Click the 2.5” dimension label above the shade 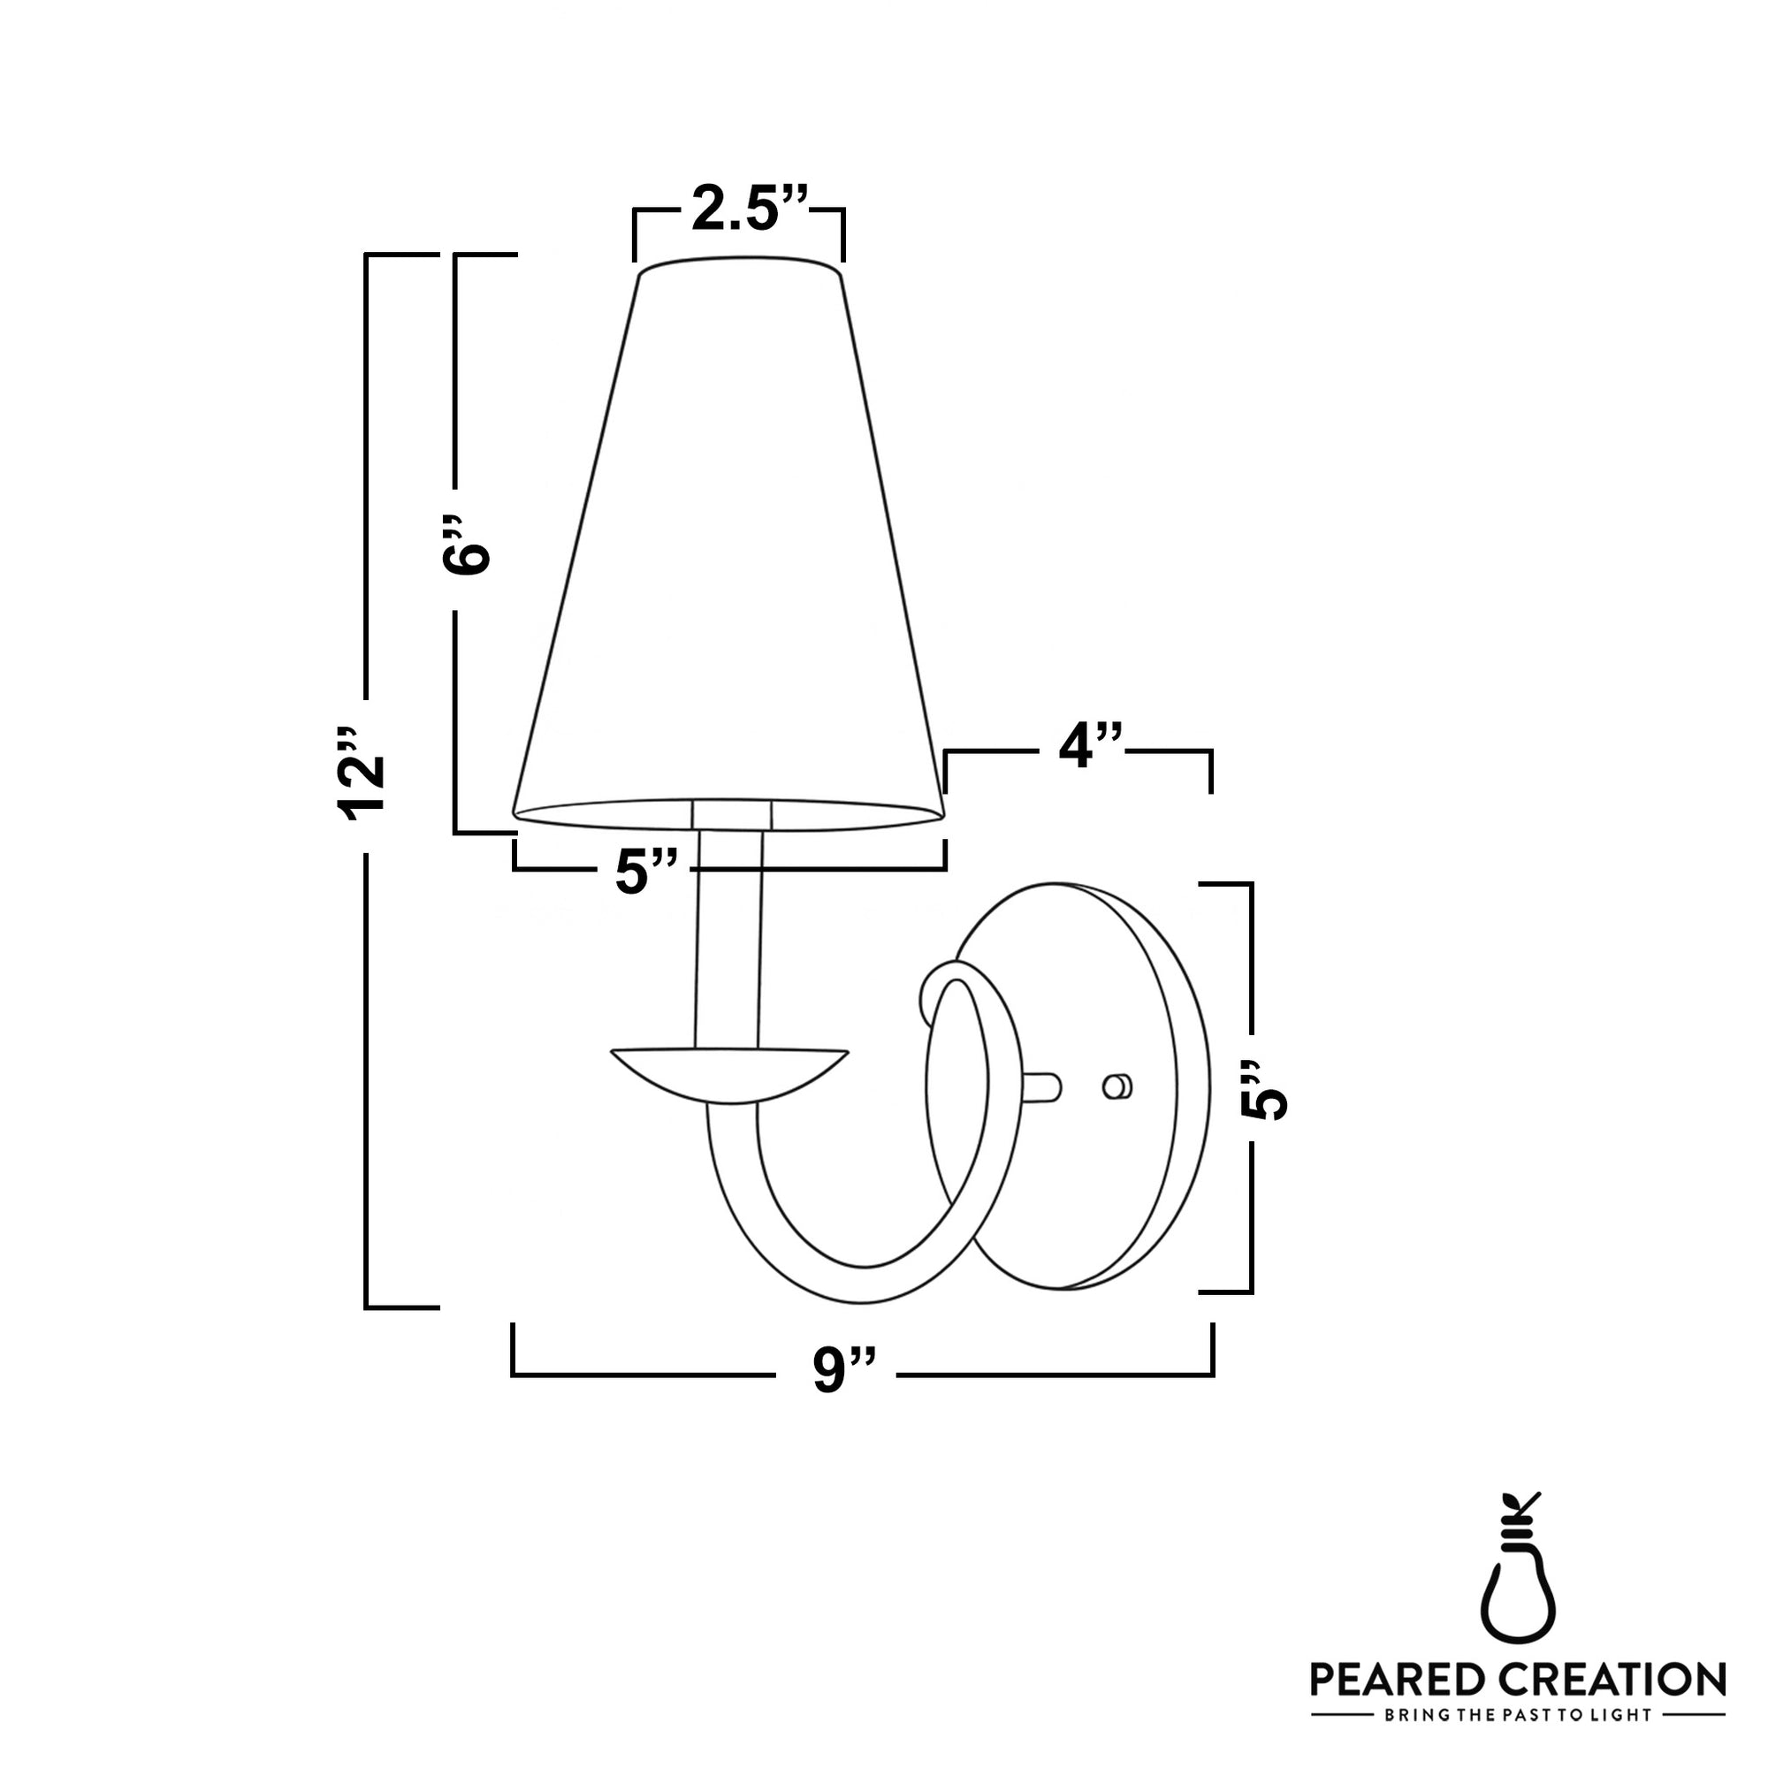[x=749, y=210]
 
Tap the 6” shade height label [x=467, y=545]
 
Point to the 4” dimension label [x=1090, y=748]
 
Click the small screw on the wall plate [x=1117, y=1086]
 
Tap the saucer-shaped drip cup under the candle [x=728, y=1072]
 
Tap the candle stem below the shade [x=729, y=942]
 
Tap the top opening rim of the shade [x=738, y=269]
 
